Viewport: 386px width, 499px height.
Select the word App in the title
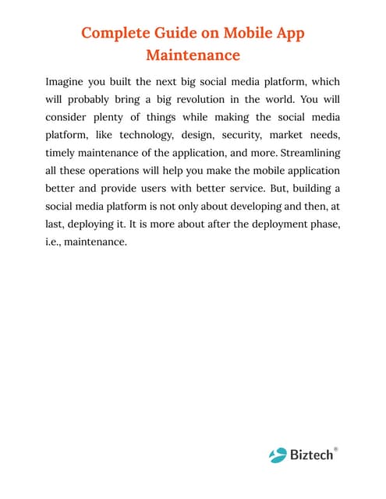click(287, 34)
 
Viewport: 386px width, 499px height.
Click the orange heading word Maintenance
click(193, 55)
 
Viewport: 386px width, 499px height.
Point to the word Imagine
click(66, 81)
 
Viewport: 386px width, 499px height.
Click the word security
click(248, 135)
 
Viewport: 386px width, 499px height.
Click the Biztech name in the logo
click(312, 454)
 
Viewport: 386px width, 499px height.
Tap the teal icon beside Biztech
click(278, 454)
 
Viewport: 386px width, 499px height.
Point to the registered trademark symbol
click(336, 448)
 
